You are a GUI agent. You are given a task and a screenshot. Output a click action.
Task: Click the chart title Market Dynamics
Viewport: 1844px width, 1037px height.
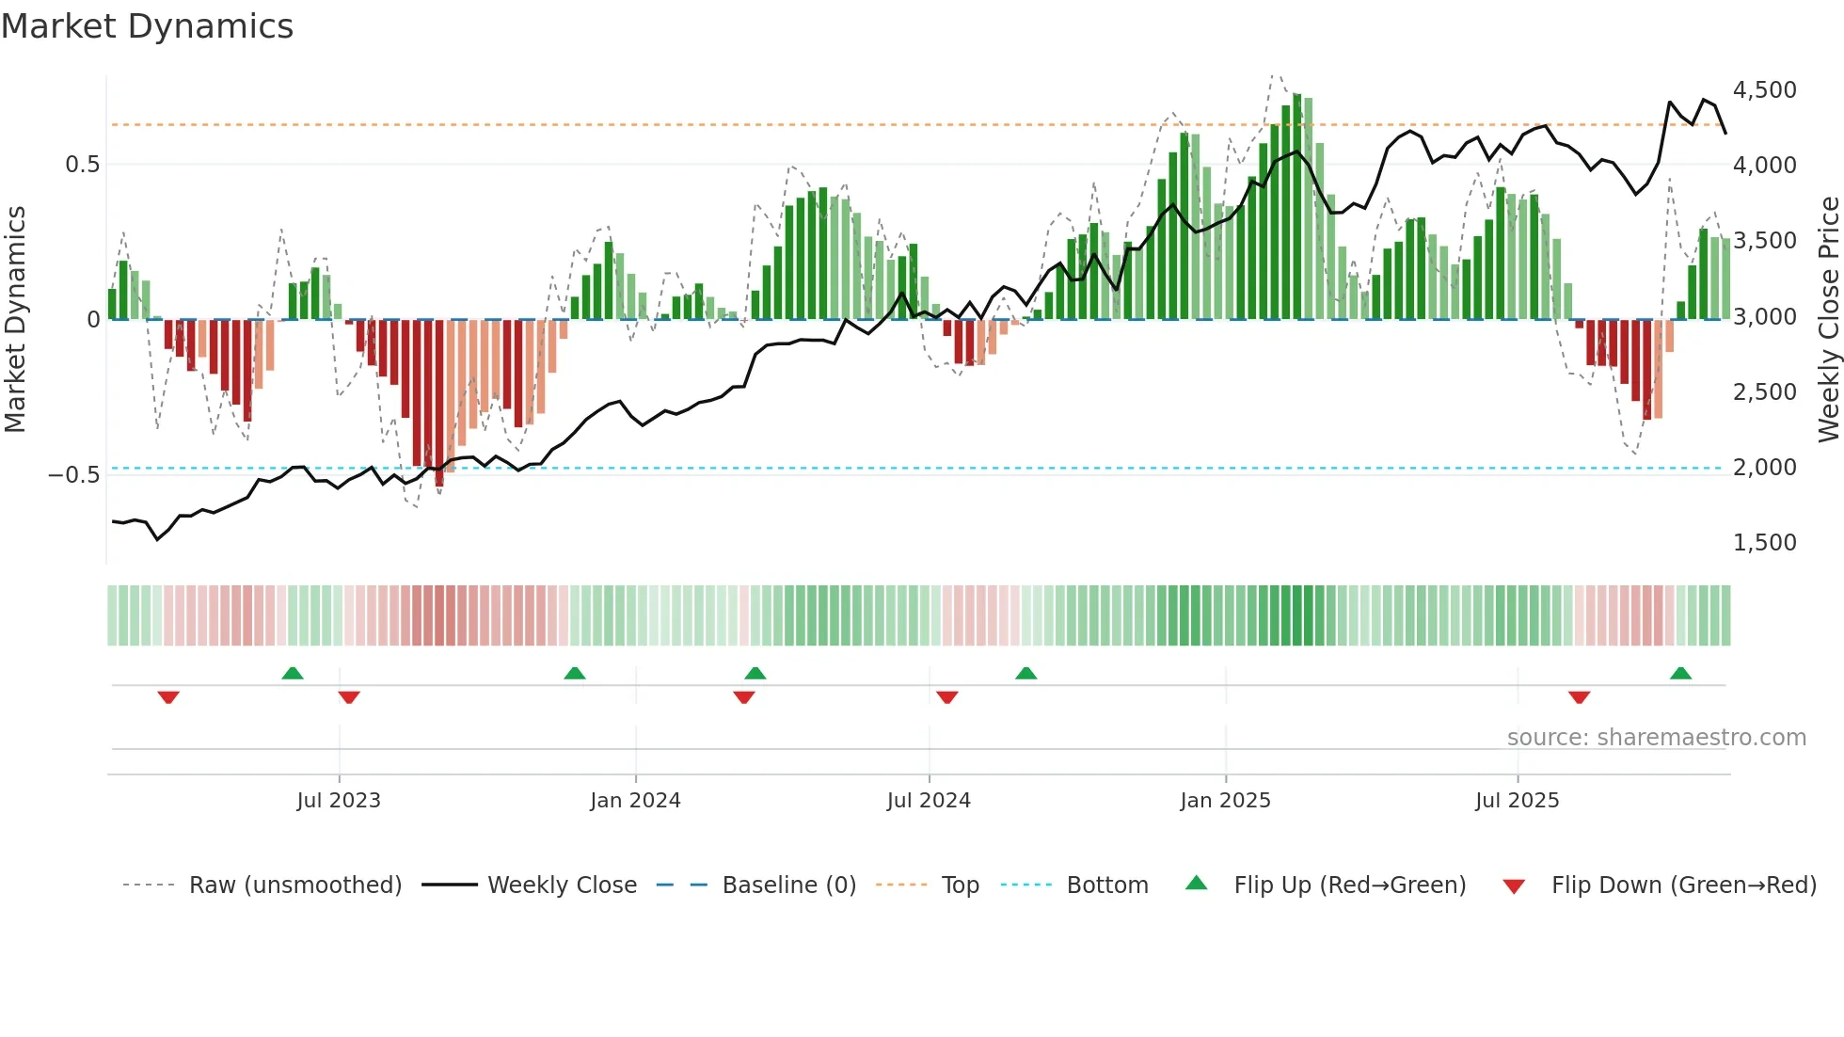pyautogui.click(x=147, y=26)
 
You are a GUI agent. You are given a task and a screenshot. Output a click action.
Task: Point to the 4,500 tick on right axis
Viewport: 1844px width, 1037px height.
pyautogui.click(x=1764, y=90)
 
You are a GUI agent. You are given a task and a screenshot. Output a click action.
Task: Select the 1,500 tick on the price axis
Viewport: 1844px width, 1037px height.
pyautogui.click(x=1764, y=543)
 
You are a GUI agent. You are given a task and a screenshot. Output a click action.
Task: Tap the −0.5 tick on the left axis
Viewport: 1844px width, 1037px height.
pyautogui.click(x=73, y=474)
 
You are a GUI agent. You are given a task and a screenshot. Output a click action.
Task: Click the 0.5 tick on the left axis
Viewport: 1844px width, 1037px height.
pyautogui.click(x=82, y=165)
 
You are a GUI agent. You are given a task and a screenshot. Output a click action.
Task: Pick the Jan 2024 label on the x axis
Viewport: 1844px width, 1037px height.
pyautogui.click(x=635, y=801)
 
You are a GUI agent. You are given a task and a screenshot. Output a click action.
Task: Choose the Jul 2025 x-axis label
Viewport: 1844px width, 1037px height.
pyautogui.click(x=1517, y=801)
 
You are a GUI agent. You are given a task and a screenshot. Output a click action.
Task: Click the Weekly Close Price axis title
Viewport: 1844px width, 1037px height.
pyautogui.click(x=1828, y=319)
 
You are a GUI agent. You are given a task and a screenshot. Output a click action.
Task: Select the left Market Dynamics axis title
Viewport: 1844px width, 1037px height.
pyautogui.click(x=15, y=319)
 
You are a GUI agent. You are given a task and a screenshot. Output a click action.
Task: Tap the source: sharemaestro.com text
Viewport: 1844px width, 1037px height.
pyautogui.click(x=1656, y=738)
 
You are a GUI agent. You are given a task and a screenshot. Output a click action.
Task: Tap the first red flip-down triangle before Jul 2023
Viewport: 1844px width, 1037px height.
pyautogui.click(x=168, y=697)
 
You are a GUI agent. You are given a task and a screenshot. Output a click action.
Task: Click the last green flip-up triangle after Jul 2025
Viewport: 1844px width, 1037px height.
pyautogui.click(x=1680, y=673)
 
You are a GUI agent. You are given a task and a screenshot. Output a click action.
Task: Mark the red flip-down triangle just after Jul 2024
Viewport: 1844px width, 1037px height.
pyautogui.click(x=947, y=697)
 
